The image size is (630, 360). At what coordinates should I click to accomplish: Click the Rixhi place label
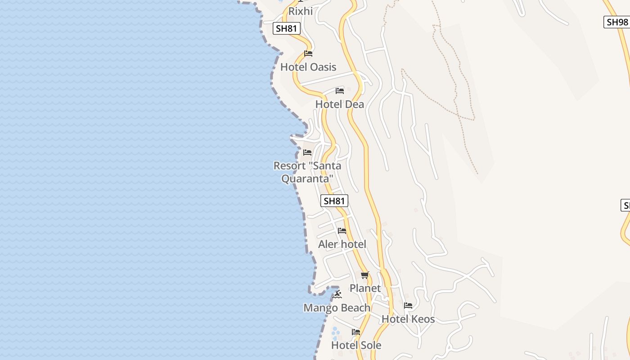[x=300, y=11]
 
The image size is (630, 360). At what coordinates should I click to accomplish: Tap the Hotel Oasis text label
[x=308, y=67]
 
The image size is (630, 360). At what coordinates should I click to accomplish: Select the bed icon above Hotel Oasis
[x=308, y=54]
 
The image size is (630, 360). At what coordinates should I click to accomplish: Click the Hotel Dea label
[x=340, y=104]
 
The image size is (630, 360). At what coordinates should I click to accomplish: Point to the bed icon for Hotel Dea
[x=340, y=91]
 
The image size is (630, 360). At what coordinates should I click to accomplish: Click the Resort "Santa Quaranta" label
[x=307, y=172]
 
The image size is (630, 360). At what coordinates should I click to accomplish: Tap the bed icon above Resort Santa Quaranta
[x=307, y=153]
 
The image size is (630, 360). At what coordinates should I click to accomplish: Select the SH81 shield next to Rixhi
[x=287, y=29]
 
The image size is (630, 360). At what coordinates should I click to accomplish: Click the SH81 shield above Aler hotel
[x=334, y=201]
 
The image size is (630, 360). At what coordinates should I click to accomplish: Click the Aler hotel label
[x=342, y=244]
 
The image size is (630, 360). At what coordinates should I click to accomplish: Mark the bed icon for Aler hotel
[x=342, y=231]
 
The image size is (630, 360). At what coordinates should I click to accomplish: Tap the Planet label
[x=365, y=288]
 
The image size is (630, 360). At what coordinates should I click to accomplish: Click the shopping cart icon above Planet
[x=365, y=275]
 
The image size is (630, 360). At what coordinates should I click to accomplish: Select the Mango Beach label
[x=337, y=308]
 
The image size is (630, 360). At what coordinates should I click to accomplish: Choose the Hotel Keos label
[x=408, y=319]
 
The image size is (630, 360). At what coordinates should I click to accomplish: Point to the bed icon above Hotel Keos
[x=408, y=306]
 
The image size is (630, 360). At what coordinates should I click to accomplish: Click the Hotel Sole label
[x=356, y=345]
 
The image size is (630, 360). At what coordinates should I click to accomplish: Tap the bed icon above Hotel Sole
[x=356, y=332]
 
